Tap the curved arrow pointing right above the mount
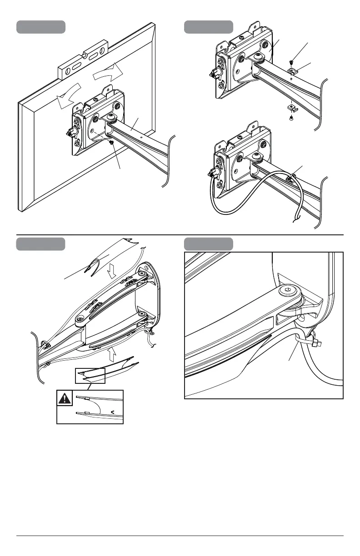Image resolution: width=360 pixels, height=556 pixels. coord(108,73)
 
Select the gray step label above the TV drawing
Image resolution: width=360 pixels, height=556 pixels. coord(41,27)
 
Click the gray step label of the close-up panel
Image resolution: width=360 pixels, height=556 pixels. coord(208,244)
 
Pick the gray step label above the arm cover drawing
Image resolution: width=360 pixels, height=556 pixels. coord(41,244)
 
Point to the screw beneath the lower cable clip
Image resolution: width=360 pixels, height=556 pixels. coord(291,118)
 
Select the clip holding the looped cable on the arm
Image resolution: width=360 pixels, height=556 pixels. coord(290,179)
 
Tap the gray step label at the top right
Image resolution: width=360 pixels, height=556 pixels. coord(208,27)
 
